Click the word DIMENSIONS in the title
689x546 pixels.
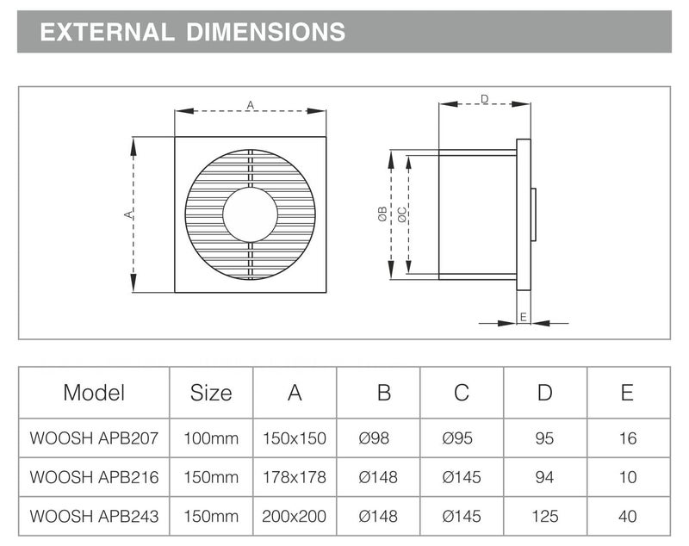pos(265,32)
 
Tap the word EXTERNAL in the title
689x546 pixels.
pos(107,32)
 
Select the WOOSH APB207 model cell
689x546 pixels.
pos(94,438)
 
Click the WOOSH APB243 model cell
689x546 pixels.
pos(94,516)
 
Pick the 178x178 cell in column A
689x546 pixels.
pos(295,477)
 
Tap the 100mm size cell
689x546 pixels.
pos(211,438)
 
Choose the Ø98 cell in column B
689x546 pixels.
pos(374,438)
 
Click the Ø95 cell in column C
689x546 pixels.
pos(457,438)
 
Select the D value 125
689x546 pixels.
pos(545,516)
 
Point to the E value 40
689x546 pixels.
pos(628,516)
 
